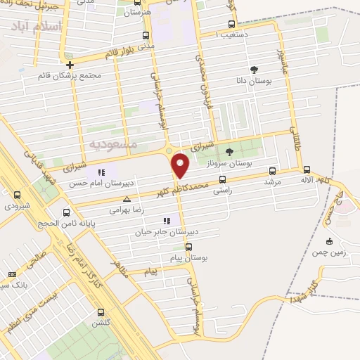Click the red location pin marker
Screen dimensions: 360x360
pyautogui.click(x=181, y=165)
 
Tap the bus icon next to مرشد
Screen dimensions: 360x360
pyautogui.click(x=273, y=169)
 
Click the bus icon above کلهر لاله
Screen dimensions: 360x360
pyautogui.click(x=307, y=169)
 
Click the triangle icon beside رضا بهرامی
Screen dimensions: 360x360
pyautogui.click(x=127, y=199)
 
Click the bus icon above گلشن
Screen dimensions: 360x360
pyautogui.click(x=101, y=312)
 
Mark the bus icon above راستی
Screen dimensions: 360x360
pyautogui.click(x=223, y=179)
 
